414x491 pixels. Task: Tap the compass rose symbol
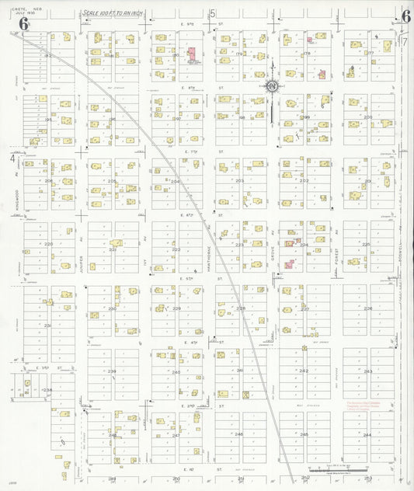pos(273,86)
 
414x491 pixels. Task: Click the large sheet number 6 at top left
pos(24,24)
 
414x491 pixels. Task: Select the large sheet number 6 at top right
pos(405,16)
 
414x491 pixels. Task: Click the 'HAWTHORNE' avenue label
pos(210,252)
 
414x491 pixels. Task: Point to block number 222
pos(176,249)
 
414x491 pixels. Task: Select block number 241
pos(240,371)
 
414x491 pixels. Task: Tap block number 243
pos(368,371)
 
